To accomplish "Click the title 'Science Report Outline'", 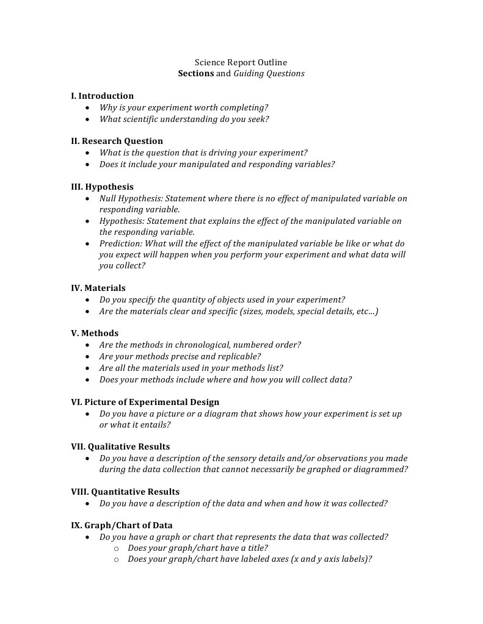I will click(241, 62).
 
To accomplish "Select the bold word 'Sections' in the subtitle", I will click(195, 74).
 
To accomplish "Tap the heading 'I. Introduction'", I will click(102, 96).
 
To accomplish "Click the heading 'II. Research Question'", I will click(117, 141).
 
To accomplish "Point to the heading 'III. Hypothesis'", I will click(102, 187).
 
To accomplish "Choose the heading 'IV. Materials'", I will click(98, 288).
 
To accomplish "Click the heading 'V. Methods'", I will click(95, 333).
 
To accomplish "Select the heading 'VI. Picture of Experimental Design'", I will click(145, 402).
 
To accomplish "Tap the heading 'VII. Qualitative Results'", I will click(120, 446).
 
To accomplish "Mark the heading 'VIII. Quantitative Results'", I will click(125, 492).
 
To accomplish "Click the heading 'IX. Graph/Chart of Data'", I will click(122, 525).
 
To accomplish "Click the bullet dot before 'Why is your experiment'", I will click(89, 108).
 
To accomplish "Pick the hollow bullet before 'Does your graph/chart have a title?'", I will click(117, 548).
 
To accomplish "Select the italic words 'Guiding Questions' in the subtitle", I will click(269, 74).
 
